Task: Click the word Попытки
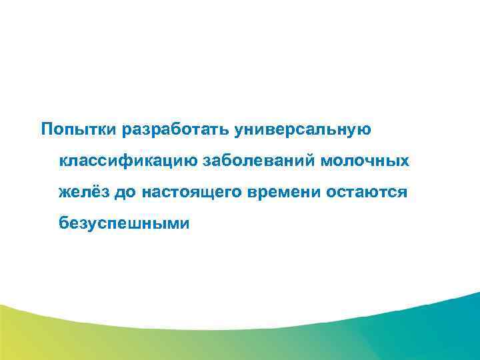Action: tap(79, 128)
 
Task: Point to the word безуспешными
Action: tap(124, 223)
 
